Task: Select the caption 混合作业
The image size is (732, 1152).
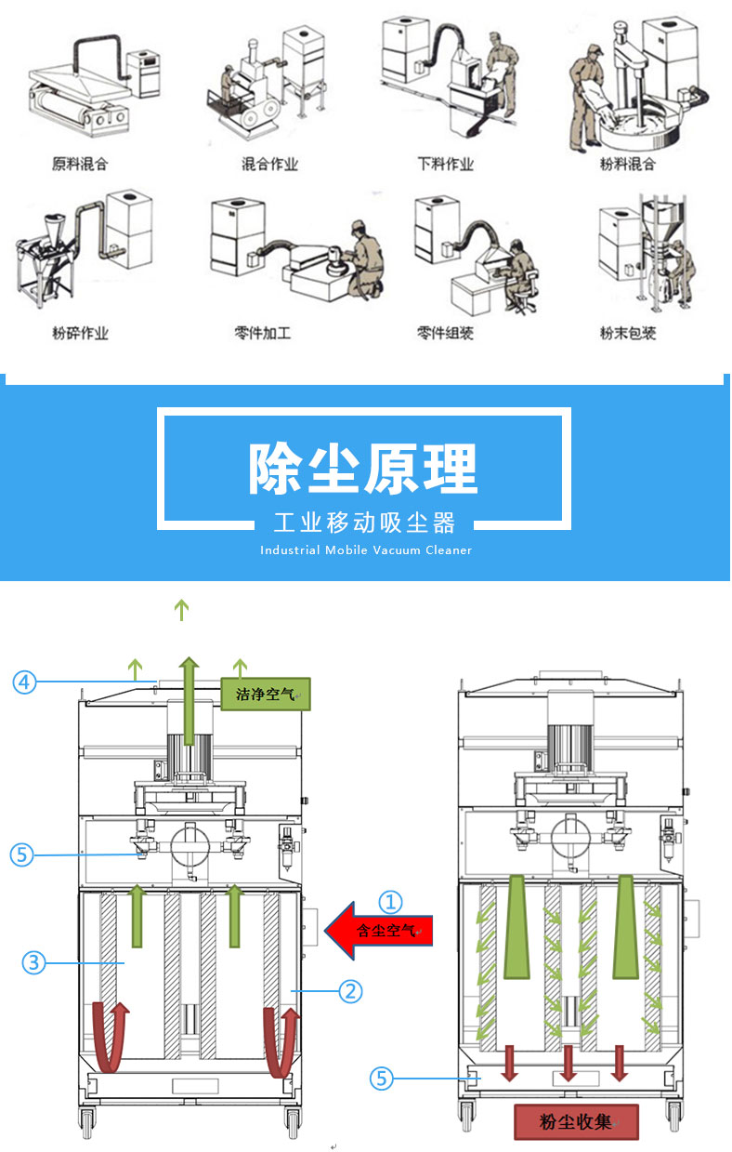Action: click(269, 164)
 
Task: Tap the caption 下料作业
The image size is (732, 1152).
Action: click(446, 164)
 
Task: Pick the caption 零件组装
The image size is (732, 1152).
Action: click(446, 332)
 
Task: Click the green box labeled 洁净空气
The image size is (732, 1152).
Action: click(265, 694)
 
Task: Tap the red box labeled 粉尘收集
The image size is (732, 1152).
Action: click(577, 1121)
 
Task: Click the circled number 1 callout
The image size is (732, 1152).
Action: click(392, 901)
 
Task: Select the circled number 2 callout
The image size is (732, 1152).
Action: click(349, 991)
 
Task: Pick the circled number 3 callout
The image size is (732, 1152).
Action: click(34, 963)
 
